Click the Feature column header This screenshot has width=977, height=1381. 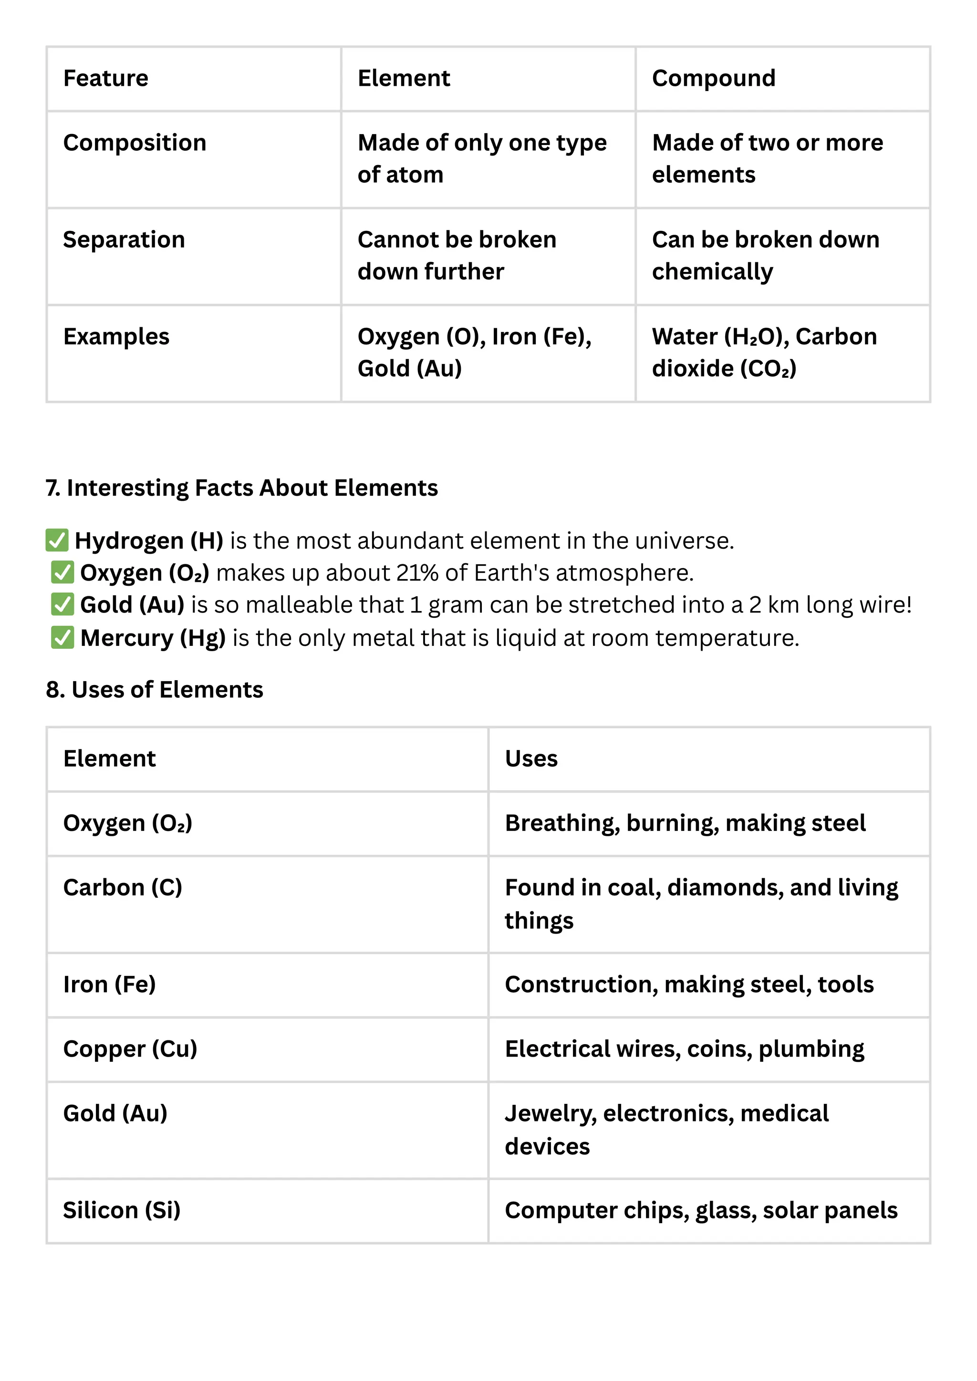tap(106, 78)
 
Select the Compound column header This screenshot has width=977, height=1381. tap(714, 78)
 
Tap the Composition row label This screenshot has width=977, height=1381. tap(135, 143)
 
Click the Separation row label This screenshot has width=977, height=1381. tap(124, 239)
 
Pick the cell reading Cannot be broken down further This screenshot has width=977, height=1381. tap(457, 256)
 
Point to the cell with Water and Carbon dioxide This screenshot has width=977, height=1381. tap(764, 353)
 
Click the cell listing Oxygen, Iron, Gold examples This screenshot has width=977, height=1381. tap(474, 353)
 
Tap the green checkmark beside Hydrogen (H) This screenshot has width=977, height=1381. tap(57, 540)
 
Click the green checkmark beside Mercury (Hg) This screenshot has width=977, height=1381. tap(62, 638)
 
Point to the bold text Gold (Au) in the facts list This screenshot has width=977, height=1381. tap(132, 605)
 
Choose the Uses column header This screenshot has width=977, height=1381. tap(531, 758)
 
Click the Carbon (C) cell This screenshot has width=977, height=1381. tap(123, 887)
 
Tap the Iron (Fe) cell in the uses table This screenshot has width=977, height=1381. tap(110, 984)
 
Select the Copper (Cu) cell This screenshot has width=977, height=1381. tap(130, 1049)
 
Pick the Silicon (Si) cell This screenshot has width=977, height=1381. tap(122, 1210)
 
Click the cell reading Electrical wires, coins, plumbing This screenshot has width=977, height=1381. tap(685, 1049)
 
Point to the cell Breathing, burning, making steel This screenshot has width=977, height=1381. tap(685, 823)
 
